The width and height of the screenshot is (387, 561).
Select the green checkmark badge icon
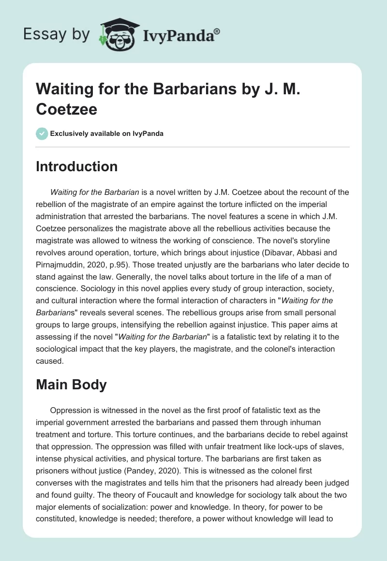[x=42, y=133]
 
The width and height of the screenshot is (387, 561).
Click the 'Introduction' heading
[x=77, y=167]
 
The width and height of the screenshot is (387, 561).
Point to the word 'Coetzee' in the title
[x=67, y=109]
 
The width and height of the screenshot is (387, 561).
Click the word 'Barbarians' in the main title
[x=174, y=89]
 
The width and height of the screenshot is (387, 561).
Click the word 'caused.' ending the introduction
[x=50, y=361]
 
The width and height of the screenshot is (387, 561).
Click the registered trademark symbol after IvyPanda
[x=217, y=30]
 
